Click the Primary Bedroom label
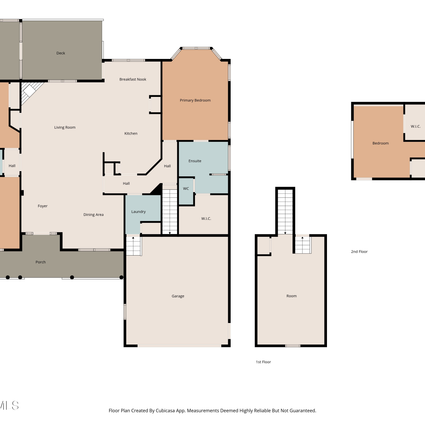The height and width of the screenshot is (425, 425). tap(195, 100)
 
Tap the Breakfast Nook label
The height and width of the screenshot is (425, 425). tap(133, 79)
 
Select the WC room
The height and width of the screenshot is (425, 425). tap(186, 191)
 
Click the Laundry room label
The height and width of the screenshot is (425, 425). tap(139, 212)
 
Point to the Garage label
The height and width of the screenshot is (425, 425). tap(178, 296)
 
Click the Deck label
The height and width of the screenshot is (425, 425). tap(61, 53)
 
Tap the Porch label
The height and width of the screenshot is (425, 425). tap(41, 262)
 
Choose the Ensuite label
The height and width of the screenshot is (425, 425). tap(195, 161)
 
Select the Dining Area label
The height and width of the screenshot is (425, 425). tap(93, 215)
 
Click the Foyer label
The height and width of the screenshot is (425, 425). tap(43, 206)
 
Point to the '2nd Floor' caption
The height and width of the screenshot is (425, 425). tap(359, 252)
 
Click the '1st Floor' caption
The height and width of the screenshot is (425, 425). tap(263, 362)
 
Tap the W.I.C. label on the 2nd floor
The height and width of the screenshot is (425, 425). tap(416, 126)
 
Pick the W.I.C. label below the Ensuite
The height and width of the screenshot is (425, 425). tap(206, 218)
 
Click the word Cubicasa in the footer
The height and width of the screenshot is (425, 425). tap(165, 411)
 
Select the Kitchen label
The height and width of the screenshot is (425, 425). tap(131, 133)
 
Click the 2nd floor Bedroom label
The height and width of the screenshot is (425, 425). tap(381, 143)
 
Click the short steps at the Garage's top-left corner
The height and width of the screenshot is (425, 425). tap(133, 246)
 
